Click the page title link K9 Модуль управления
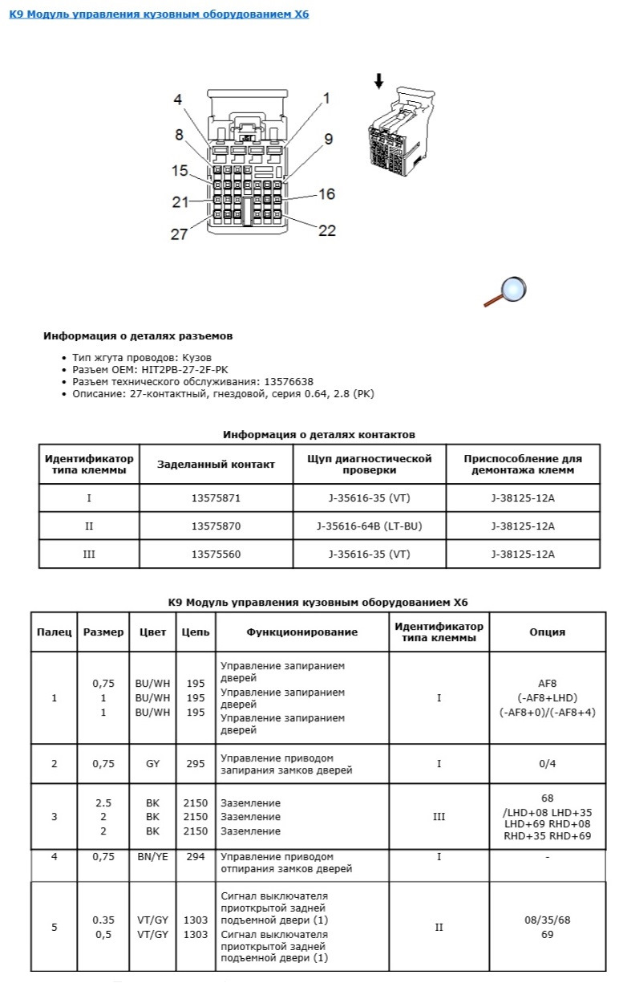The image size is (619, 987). coord(159,14)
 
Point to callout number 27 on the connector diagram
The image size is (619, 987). coord(178,234)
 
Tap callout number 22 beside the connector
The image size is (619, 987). coord(326,230)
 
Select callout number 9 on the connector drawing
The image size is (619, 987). coord(328,139)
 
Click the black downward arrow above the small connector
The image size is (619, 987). coord(379,81)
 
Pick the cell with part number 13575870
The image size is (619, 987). coord(216,526)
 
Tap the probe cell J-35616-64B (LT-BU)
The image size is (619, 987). coord(369,526)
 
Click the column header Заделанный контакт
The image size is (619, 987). coord(216,464)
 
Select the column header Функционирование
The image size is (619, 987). coord(301,632)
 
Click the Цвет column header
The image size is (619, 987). coord(152,632)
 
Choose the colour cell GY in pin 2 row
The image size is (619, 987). coord(152,764)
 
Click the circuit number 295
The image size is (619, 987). coord(196,764)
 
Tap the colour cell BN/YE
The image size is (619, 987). coord(152,857)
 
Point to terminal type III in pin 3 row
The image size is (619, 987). coord(439,817)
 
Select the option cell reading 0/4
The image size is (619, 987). coord(547,764)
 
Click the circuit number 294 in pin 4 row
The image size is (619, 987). coord(196,857)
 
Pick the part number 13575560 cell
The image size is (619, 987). coord(216,554)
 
